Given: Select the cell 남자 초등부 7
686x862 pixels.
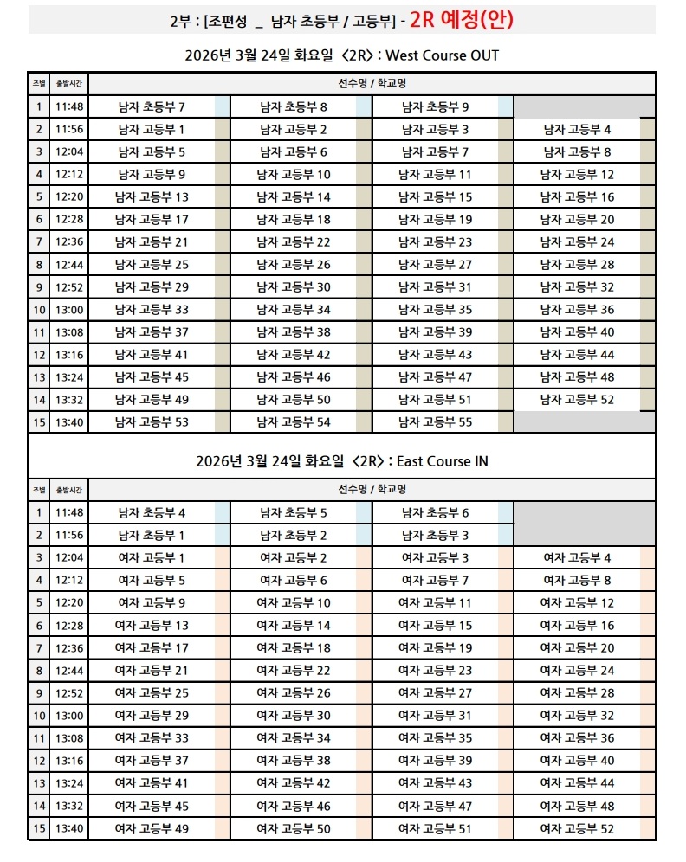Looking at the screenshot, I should (152, 107).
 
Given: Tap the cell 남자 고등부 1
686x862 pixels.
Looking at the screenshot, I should (152, 130).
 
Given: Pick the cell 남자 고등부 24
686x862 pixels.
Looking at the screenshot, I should (577, 242).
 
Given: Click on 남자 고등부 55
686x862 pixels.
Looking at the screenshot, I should (436, 422).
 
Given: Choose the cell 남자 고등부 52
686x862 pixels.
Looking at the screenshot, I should (577, 400).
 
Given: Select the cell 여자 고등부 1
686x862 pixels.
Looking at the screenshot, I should (152, 558).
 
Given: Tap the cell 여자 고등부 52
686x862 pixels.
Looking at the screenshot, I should (577, 828).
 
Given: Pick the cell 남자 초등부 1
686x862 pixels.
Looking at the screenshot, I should (152, 536).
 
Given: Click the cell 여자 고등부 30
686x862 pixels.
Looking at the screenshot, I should (294, 716).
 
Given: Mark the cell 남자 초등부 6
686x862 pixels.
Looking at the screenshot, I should (436, 513).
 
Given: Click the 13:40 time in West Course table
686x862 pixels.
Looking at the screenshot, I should (68, 422).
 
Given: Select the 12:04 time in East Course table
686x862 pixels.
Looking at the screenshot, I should (68, 558).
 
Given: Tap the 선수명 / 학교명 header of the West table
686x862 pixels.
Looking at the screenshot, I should (372, 84).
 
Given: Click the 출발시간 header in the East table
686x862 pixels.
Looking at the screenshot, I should (68, 490).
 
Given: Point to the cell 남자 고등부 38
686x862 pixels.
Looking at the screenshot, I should (294, 332).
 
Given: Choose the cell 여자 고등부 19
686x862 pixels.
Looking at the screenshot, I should (436, 648).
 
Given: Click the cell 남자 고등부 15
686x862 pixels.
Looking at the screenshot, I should (436, 197).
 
